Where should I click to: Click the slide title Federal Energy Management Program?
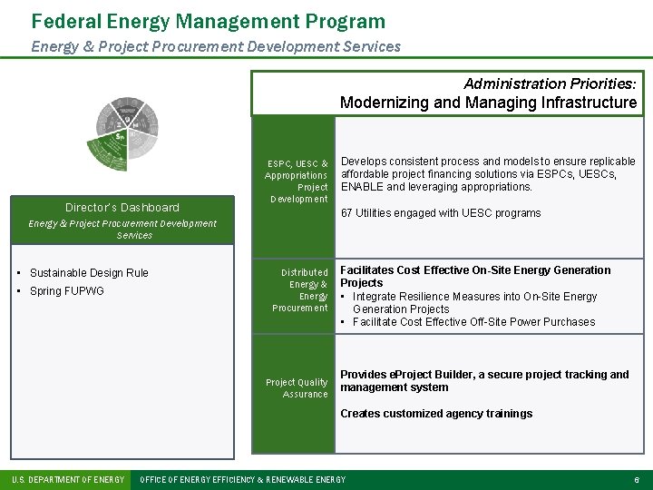click(208, 21)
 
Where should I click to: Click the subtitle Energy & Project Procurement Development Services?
click(215, 46)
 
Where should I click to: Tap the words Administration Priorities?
click(550, 83)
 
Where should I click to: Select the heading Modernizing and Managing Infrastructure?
click(488, 103)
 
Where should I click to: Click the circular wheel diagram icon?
click(127, 132)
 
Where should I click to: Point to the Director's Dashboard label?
click(122, 208)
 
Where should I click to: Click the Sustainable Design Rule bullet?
click(89, 273)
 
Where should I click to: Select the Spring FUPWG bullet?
click(67, 291)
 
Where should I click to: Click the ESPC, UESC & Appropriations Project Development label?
click(297, 181)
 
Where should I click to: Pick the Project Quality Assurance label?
click(297, 388)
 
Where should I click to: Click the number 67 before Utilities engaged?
click(346, 213)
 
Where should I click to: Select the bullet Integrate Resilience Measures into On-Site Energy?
click(474, 297)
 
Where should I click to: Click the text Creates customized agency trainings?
click(436, 414)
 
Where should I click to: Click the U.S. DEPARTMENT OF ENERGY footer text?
click(67, 479)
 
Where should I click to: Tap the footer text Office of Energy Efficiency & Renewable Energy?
click(242, 479)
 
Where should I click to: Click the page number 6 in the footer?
click(638, 479)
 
